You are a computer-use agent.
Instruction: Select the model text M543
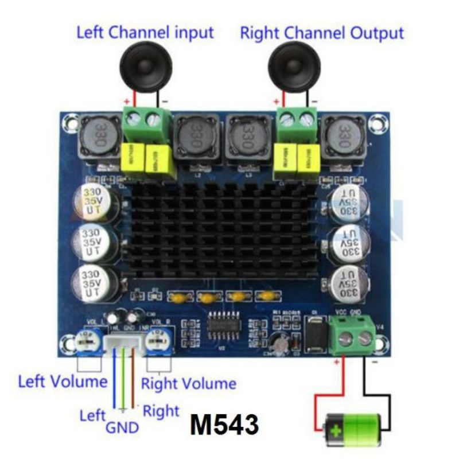click(224, 425)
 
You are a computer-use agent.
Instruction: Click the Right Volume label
click(189, 383)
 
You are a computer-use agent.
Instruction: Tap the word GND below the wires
click(122, 427)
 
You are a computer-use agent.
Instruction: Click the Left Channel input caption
click(145, 32)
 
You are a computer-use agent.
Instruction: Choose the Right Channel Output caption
click(321, 32)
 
